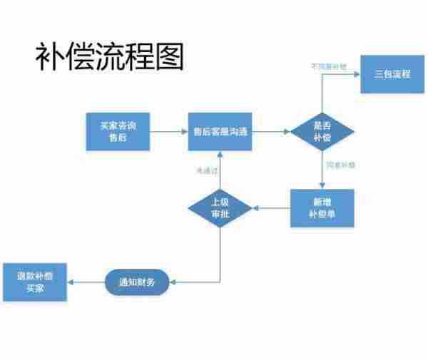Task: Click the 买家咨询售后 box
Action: [118, 131]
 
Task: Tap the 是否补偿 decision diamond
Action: [322, 131]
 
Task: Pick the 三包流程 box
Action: [392, 74]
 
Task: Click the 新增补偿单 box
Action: [322, 207]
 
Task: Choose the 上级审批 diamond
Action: [220, 207]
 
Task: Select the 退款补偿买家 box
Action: [35, 282]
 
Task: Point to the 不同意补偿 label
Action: [327, 67]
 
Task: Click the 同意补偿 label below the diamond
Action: [340, 165]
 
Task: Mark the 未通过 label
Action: [205, 170]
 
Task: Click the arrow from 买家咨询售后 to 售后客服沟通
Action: [168, 131]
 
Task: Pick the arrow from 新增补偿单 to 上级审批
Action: [271, 207]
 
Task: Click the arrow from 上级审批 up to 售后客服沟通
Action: [220, 171]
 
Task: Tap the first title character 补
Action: [51, 56]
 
